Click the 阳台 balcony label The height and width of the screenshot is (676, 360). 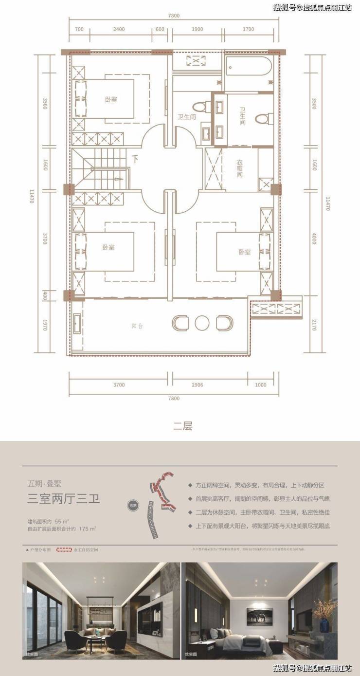[137, 326]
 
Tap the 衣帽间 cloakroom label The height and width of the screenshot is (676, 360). [240, 168]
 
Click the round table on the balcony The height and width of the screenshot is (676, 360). [201, 323]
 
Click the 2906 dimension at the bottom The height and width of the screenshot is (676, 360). [210, 385]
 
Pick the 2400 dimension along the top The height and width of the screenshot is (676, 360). [119, 29]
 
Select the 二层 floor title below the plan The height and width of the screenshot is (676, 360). [182, 426]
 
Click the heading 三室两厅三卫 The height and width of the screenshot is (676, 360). [63, 498]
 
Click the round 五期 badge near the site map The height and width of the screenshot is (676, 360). [133, 505]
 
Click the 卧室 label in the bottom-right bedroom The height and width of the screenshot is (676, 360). [244, 252]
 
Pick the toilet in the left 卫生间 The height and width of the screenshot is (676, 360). [199, 107]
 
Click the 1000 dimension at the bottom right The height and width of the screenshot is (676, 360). [260, 385]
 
